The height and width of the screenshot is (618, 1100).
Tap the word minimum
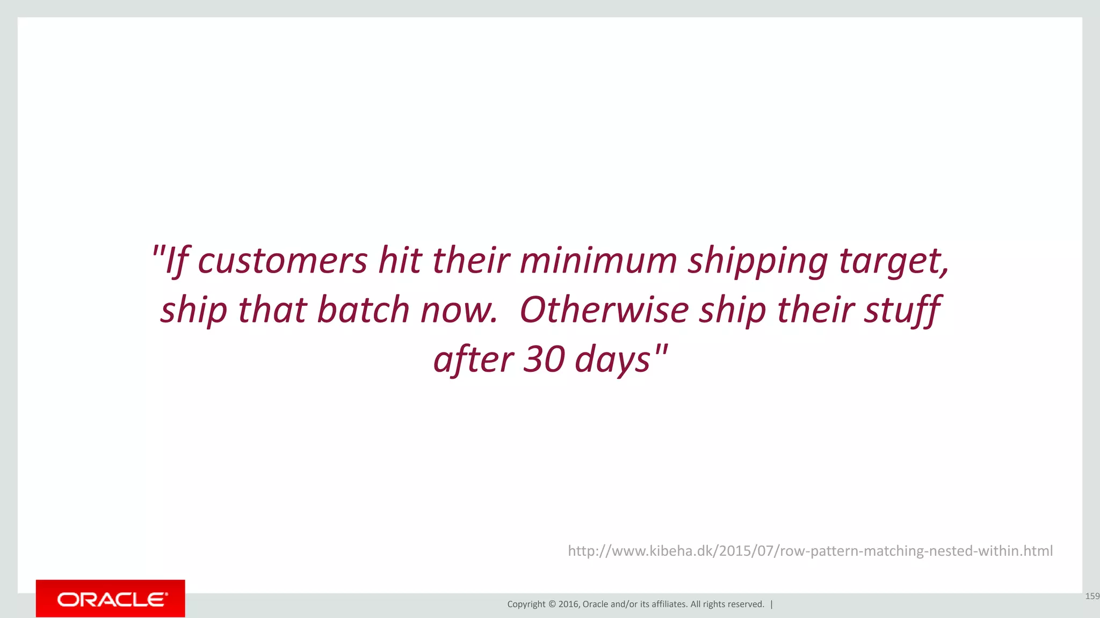click(598, 261)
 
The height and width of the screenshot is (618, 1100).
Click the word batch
click(363, 310)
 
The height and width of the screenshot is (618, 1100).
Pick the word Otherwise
click(604, 310)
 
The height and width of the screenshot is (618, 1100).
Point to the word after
click(473, 359)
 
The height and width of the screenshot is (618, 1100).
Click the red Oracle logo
click(111, 599)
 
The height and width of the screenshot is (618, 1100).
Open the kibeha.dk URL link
click(810, 551)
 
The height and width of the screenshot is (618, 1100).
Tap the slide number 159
click(1092, 596)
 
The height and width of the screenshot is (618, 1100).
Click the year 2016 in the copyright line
click(568, 604)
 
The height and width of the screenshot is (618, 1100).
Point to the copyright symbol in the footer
click(552, 604)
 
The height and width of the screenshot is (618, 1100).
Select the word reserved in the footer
click(746, 604)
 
